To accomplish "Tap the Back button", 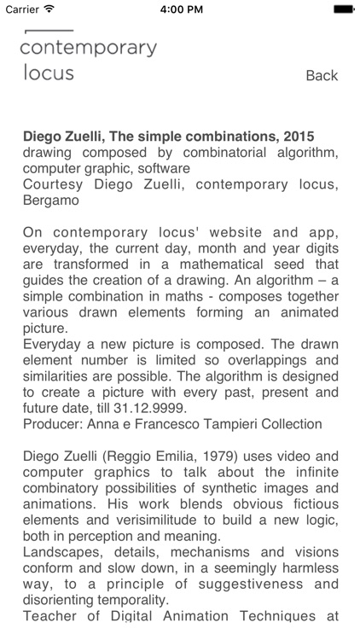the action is tap(322, 76).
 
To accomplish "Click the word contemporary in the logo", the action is tap(88, 49).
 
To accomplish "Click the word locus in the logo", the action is tap(47, 72).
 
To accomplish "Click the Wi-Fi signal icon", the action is tap(49, 9).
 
